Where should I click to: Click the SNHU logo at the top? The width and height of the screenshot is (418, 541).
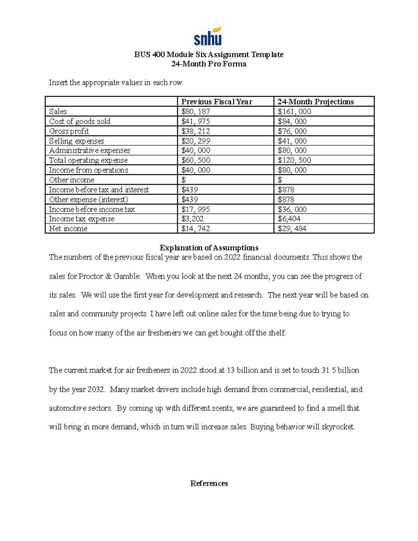coord(208,36)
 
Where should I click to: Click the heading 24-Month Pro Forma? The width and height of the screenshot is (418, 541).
coord(209,64)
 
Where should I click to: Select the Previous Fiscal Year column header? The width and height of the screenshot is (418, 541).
coord(217,102)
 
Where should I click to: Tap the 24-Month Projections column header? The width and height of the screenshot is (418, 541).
coord(316,102)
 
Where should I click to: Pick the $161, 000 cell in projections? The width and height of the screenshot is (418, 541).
coord(294,111)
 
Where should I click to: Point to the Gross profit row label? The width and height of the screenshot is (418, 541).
coord(69,131)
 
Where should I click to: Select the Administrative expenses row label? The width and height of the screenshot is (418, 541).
coord(90,150)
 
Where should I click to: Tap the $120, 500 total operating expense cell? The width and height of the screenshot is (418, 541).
coord(294,160)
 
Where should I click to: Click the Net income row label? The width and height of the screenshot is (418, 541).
coord(68,229)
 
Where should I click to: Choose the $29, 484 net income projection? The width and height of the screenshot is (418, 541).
coord(292,229)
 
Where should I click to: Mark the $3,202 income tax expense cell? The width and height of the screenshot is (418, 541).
coord(193,219)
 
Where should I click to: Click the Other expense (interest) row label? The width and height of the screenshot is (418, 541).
coord(88,200)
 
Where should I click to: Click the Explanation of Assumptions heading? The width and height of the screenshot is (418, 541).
coord(209,248)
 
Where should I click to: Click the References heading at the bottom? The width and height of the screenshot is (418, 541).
coord(209,483)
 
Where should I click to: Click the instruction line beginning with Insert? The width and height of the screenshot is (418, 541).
coord(116,83)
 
